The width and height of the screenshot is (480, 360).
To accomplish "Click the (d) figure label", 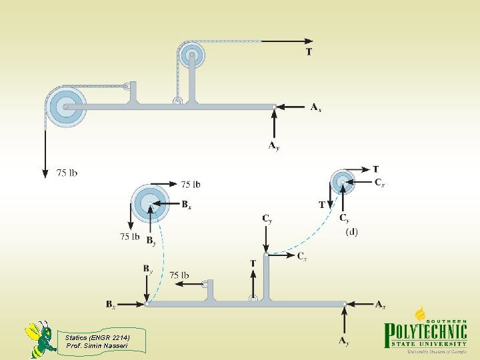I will tap(351, 232).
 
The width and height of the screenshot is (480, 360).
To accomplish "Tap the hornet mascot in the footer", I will tap(40, 339).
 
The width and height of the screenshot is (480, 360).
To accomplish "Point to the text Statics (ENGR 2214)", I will tap(97, 337).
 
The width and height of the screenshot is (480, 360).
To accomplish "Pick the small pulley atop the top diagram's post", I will tap(192, 55).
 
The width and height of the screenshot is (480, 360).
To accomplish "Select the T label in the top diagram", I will tap(309, 51).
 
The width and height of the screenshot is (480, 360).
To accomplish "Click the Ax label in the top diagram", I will tap(316, 107).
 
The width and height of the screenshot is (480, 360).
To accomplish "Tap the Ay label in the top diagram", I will tap(273, 145).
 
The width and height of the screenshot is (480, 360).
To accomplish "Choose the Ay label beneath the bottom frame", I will tap(343, 341).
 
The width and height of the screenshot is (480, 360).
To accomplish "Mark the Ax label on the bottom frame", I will tap(380, 305).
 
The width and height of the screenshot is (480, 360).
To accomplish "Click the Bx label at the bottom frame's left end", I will tap(111, 305).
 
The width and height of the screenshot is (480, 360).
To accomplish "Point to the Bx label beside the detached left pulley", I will tap(187, 205).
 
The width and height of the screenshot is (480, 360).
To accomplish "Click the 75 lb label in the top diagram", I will tap(67, 173).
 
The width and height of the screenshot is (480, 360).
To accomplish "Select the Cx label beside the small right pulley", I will tap(379, 182).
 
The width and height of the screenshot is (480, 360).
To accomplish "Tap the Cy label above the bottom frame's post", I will tap(267, 219).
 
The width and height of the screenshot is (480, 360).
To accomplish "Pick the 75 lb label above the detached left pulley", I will tap(190, 184).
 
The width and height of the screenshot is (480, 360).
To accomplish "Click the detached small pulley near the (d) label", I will tap(343, 181).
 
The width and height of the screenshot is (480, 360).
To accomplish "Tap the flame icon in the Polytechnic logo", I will tap(421, 313).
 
